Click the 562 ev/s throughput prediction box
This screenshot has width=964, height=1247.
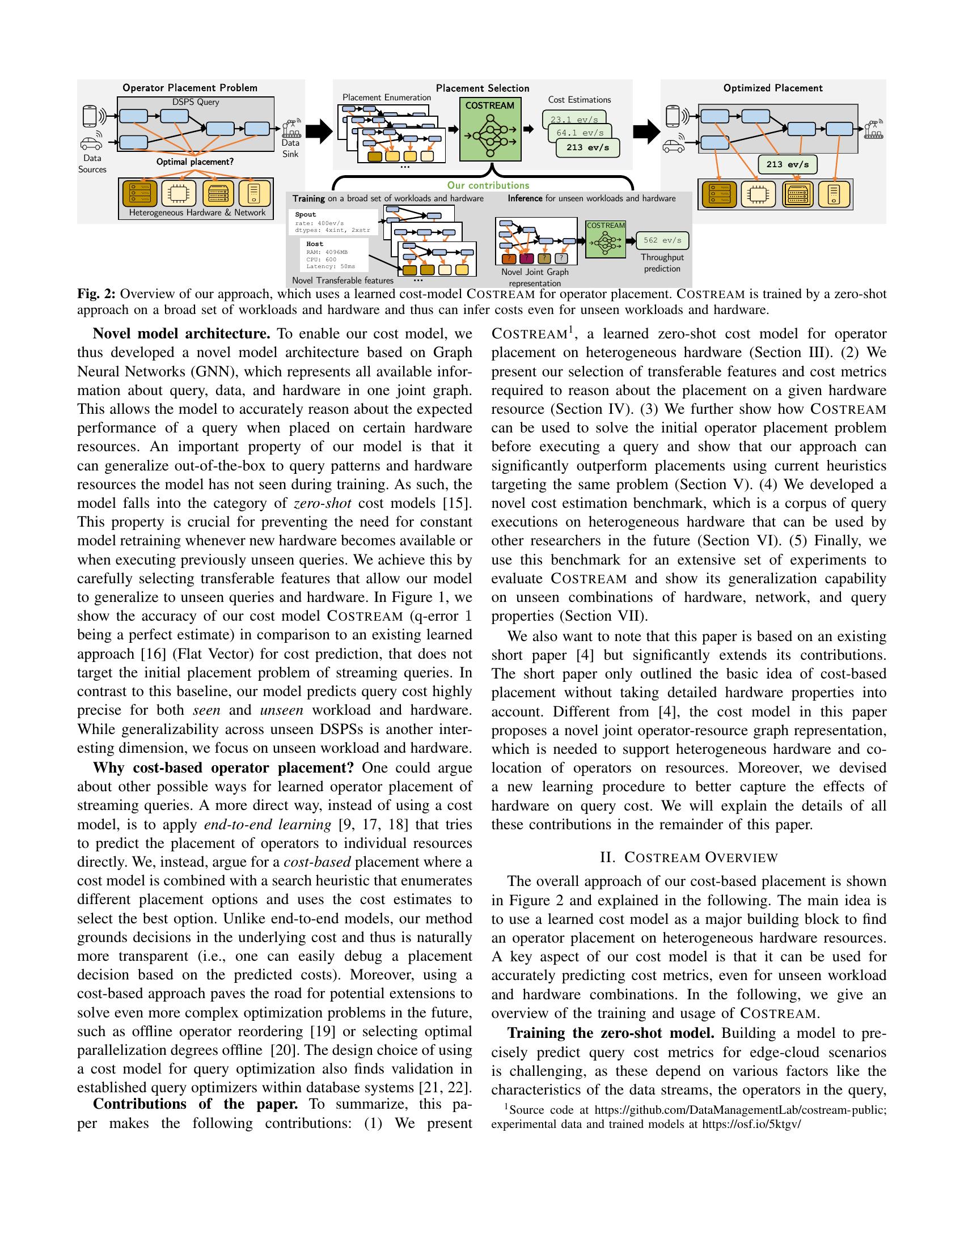662,240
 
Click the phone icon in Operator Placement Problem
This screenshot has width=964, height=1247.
90,116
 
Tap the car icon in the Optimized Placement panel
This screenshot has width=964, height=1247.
673,147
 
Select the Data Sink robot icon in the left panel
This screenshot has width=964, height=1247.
291,128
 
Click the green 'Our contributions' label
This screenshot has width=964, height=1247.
488,185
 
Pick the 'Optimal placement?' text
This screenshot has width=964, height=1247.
195,162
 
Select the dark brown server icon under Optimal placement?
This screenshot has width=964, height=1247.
139,193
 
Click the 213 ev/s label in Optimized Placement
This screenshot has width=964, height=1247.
787,164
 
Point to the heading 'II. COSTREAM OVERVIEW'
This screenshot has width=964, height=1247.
688,857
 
